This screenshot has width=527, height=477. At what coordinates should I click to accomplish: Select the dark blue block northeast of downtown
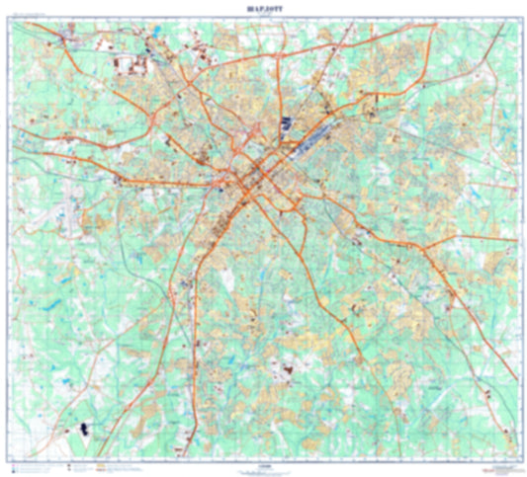[288, 124]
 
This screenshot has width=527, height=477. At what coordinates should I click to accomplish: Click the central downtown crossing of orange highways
[255, 180]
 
